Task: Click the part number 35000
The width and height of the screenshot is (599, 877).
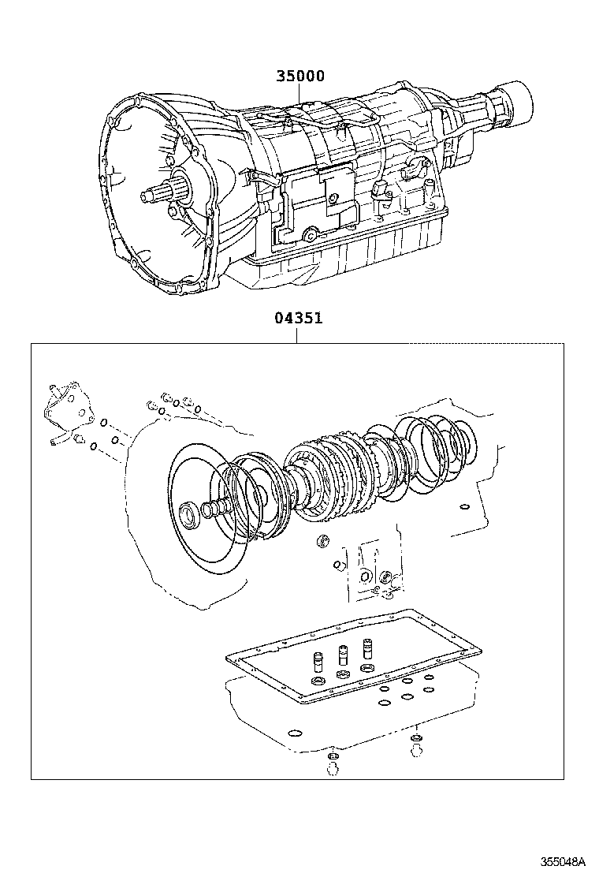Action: coord(299,77)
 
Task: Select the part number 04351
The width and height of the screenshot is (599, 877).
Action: coord(298,319)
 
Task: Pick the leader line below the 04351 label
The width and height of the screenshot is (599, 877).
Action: coord(297,335)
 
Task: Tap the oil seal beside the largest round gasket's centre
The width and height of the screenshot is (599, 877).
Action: coord(190,517)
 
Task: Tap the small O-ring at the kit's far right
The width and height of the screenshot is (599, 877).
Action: coord(464,507)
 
